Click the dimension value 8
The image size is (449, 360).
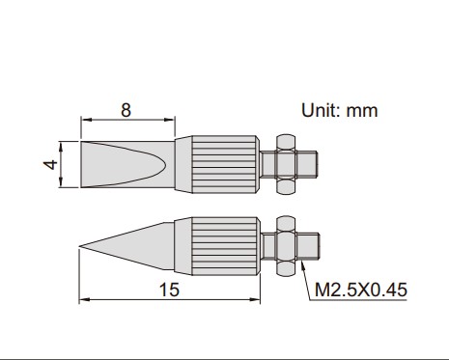(x=126, y=110)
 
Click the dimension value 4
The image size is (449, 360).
(x=50, y=164)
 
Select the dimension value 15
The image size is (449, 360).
(x=169, y=290)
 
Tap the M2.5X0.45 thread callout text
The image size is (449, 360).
(x=361, y=290)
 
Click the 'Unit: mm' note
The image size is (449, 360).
(x=340, y=110)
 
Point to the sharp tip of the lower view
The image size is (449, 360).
(x=79, y=247)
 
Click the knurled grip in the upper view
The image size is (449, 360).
(x=225, y=164)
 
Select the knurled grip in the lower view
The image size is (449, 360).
(x=225, y=246)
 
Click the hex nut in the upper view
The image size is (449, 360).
(x=286, y=164)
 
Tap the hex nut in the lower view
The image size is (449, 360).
(x=286, y=246)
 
